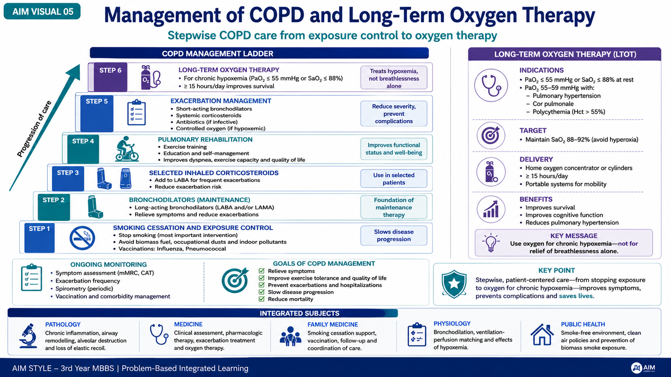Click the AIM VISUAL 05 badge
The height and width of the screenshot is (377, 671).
pos(42,11)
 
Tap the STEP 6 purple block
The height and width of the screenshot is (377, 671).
pos(110,77)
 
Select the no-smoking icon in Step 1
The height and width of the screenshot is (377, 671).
pos(82,238)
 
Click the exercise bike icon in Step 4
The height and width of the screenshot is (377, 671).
pos(127,149)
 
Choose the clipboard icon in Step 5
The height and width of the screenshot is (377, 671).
pos(137,113)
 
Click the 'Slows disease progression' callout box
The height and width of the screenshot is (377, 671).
pos(394,235)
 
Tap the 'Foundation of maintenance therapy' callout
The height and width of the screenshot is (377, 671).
pos(394,207)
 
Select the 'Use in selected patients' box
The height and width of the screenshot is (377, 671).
pos(394,178)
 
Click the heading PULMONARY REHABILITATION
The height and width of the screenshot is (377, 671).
pos(205,139)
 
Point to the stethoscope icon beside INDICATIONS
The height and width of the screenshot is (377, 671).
pos(491,85)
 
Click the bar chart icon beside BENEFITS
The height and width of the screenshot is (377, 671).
pos(491,209)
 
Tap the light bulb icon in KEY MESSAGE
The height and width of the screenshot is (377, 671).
pos(491,243)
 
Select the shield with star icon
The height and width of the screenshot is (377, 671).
pos(454,284)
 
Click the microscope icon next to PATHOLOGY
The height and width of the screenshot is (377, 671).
pos(28,336)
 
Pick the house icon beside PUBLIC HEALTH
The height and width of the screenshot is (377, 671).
pos(542,335)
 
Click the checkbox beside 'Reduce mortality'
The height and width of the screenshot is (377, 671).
pos(262,299)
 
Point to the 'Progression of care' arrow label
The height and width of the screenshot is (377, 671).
pos(34,129)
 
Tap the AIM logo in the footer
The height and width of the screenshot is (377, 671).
pos(643,368)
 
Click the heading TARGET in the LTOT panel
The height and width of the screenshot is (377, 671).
pos(533,130)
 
